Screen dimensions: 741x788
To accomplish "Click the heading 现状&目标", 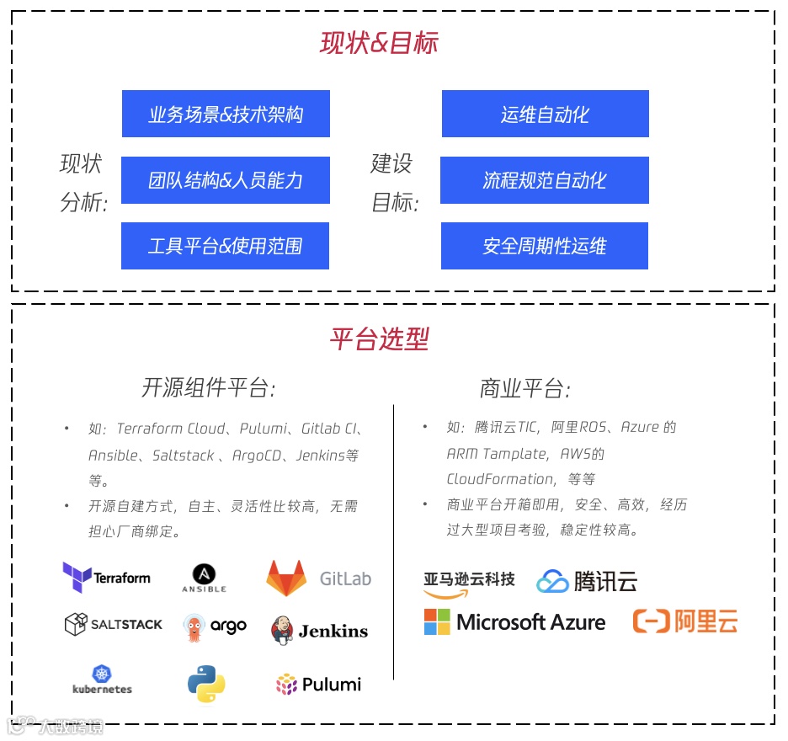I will coord(379,43).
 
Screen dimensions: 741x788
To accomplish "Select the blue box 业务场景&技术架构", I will coord(226,114).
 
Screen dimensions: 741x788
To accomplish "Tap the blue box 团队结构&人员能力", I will coord(226,180).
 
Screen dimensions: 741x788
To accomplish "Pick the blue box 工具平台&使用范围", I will coord(225,246).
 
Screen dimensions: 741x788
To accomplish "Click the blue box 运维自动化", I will coord(545,114).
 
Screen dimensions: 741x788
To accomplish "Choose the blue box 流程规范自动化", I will coord(544,180).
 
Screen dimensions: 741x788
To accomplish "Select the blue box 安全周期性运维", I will coord(544,246).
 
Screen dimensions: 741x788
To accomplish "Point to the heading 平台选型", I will coord(379,339).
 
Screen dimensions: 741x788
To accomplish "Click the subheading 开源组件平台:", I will coord(209,387).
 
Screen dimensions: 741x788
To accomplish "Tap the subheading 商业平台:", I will coord(524,388).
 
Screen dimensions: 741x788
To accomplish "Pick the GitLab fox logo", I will coord(286,578).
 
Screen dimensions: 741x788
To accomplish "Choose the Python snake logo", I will coord(206,684).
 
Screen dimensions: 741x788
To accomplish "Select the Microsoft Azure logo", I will coord(514,622).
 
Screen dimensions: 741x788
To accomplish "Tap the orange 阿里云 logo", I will coord(685,622).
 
